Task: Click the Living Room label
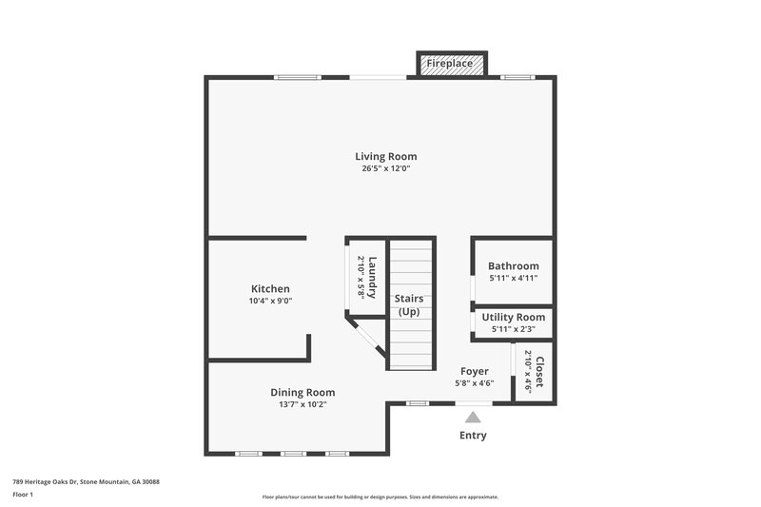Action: (x=385, y=156)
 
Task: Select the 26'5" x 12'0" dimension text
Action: (x=385, y=168)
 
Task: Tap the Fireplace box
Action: (x=452, y=64)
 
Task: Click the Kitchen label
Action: (x=270, y=288)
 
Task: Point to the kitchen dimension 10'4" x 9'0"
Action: (x=270, y=301)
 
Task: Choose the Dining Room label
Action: (x=302, y=392)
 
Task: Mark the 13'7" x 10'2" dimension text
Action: (x=302, y=404)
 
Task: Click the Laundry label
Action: (x=374, y=277)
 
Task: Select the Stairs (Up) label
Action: (x=409, y=304)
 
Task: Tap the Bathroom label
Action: (x=513, y=266)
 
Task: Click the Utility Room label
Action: (x=513, y=317)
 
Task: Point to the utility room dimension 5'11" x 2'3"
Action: (x=513, y=329)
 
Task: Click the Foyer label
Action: (x=474, y=371)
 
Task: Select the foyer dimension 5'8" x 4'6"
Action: (x=474, y=383)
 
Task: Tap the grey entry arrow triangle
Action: (x=473, y=416)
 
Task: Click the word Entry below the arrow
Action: (x=473, y=436)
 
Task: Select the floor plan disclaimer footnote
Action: (x=380, y=497)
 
